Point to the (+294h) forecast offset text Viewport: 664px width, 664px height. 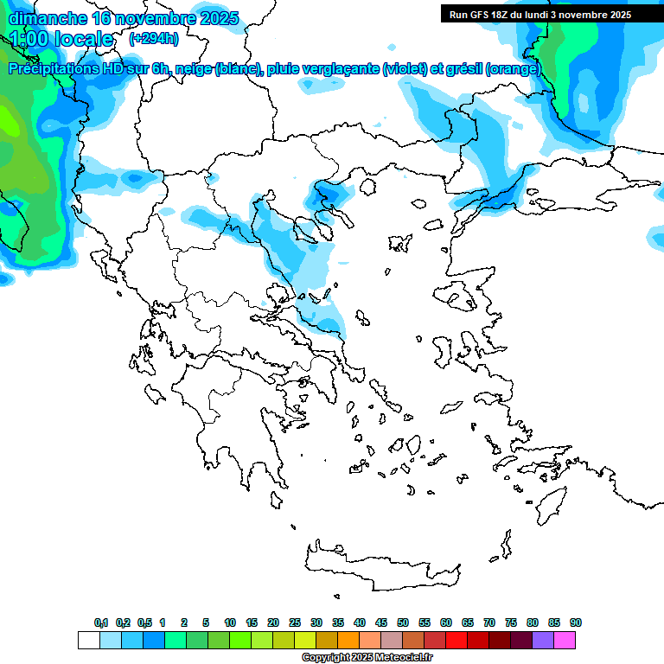pyautogui.click(x=154, y=38)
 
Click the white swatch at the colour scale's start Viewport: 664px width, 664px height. pyautogui.click(x=88, y=641)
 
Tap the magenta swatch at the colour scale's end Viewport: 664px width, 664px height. pyautogui.click(x=565, y=641)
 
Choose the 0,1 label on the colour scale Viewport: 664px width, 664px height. pyautogui.click(x=101, y=622)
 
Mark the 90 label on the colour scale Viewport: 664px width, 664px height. pyautogui.click(x=576, y=622)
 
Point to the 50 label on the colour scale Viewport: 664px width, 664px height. pyautogui.click(x=403, y=622)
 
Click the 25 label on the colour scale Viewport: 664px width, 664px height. pyautogui.click(x=295, y=622)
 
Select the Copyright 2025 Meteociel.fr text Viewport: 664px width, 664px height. pyautogui.click(x=367, y=657)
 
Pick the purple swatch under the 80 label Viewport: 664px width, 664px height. pyautogui.click(x=544, y=641)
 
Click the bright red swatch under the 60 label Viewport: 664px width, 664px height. pyautogui.click(x=456, y=641)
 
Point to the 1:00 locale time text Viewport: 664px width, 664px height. pyautogui.click(x=61, y=39)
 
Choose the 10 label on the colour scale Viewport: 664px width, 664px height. pyautogui.click(x=230, y=622)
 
